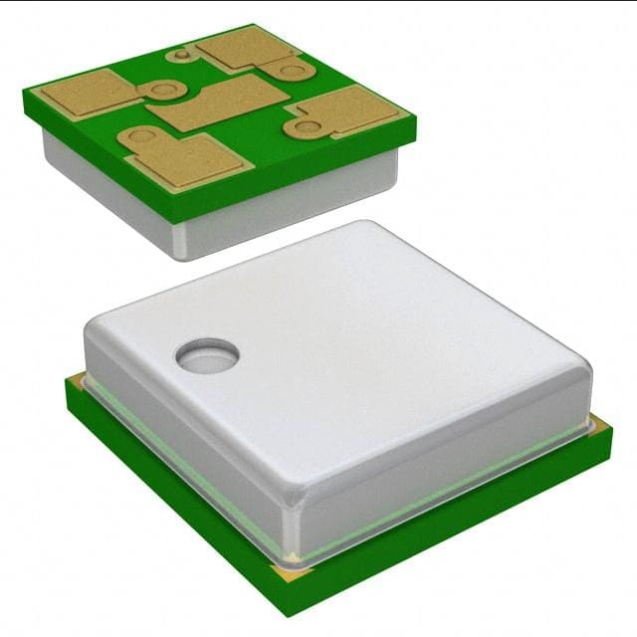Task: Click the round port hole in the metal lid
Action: tap(207, 354)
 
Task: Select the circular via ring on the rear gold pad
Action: tap(291, 70)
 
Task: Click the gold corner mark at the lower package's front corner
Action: tap(290, 571)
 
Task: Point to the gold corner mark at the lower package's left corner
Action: tap(74, 380)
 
